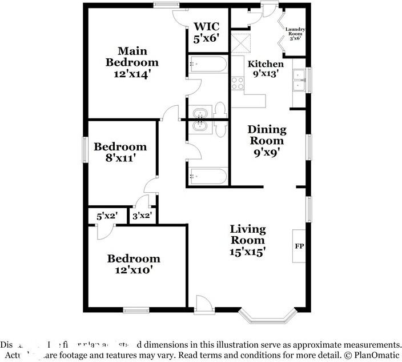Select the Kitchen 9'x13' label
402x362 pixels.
click(265, 68)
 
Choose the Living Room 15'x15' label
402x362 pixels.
click(247, 240)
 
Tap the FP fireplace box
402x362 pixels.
click(299, 246)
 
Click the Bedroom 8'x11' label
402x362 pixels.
click(120, 152)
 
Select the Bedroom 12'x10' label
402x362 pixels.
click(134, 264)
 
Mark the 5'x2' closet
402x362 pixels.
click(106, 217)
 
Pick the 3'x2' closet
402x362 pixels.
click(141, 217)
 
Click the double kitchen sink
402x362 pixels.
click(299, 81)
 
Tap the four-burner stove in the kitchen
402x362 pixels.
click(237, 83)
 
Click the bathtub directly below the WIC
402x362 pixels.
click(208, 63)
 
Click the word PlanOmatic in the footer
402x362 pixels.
click(376, 355)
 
